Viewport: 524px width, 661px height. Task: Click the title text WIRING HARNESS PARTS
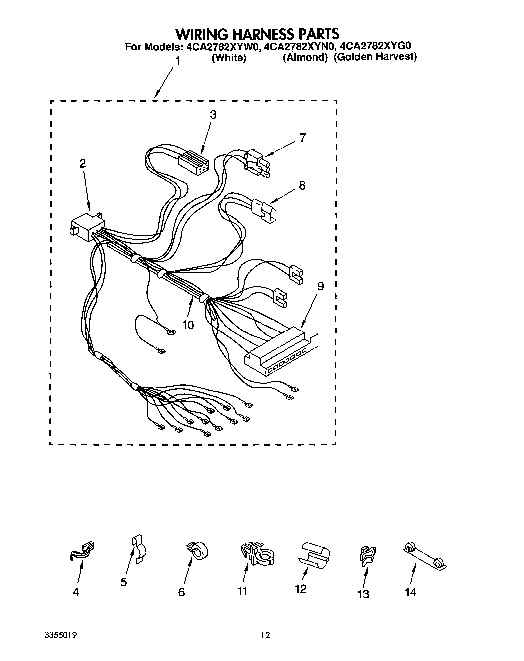257,34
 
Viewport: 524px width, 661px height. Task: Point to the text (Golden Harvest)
375,57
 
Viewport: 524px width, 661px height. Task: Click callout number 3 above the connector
213,115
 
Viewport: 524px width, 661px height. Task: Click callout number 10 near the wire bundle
188,325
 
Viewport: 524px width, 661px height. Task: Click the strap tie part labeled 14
424,555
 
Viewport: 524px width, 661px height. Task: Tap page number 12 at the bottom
265,635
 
